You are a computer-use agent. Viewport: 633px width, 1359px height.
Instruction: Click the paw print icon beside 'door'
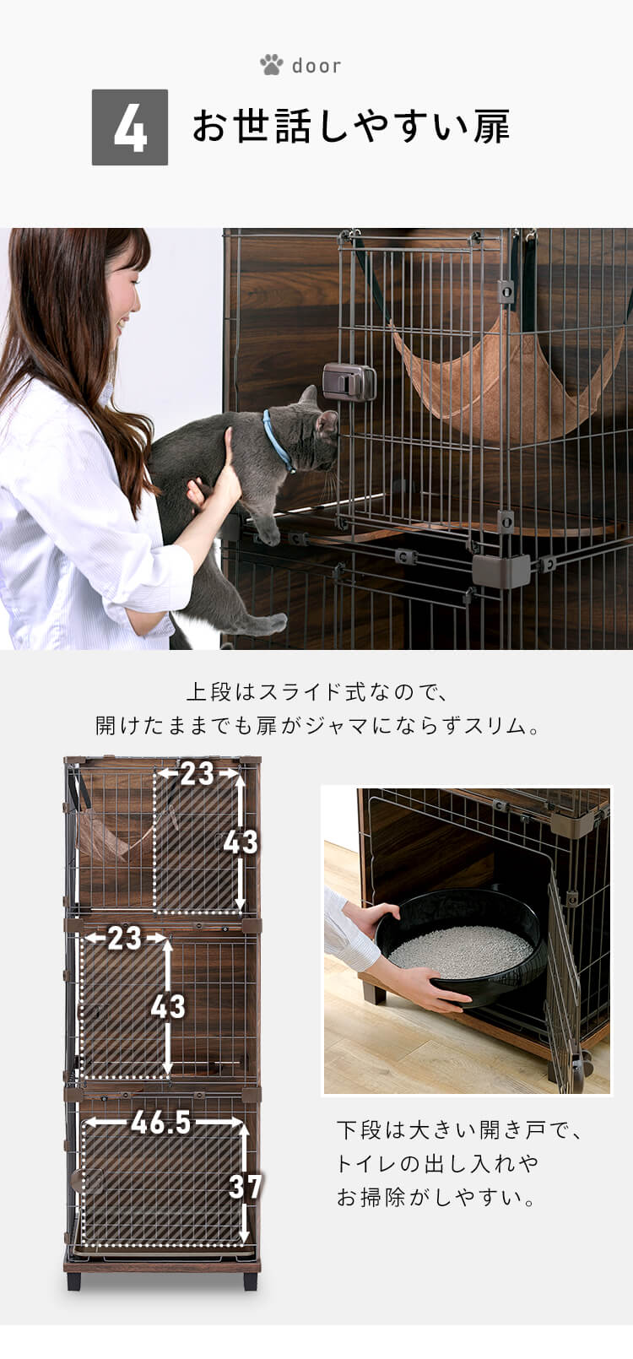(272, 65)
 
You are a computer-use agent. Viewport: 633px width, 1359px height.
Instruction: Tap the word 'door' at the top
(316, 66)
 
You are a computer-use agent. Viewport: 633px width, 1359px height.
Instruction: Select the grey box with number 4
(130, 127)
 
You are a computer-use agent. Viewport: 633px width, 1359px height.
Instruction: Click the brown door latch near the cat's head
(349, 382)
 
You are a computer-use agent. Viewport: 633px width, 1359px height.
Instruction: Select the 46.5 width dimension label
(161, 1122)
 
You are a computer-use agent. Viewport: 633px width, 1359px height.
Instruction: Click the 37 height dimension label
(245, 1186)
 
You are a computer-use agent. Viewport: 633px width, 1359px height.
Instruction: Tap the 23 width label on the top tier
(197, 773)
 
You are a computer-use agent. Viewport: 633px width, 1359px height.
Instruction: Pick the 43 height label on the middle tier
(167, 1006)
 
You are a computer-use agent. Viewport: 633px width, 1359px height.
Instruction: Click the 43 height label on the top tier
(241, 842)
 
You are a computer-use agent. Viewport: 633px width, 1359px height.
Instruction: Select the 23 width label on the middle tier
(124, 938)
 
